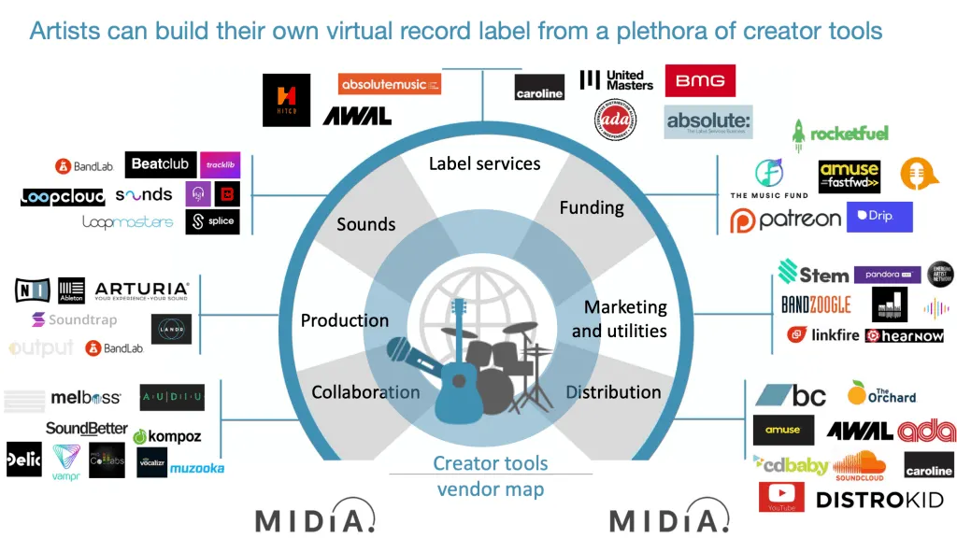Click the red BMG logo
click(x=700, y=81)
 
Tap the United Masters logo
click(x=616, y=80)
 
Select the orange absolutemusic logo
click(x=389, y=84)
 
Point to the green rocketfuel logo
click(x=839, y=133)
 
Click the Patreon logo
click(x=785, y=219)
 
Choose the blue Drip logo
click(x=878, y=217)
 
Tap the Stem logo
click(x=813, y=274)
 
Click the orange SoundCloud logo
click(x=859, y=464)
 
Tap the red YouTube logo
click(x=782, y=497)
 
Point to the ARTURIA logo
click(x=141, y=290)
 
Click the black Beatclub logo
click(x=159, y=165)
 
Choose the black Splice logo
click(x=212, y=221)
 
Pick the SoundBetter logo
click(x=86, y=429)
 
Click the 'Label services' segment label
click(x=484, y=163)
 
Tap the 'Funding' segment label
click(x=591, y=207)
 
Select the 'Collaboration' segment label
click(x=365, y=392)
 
